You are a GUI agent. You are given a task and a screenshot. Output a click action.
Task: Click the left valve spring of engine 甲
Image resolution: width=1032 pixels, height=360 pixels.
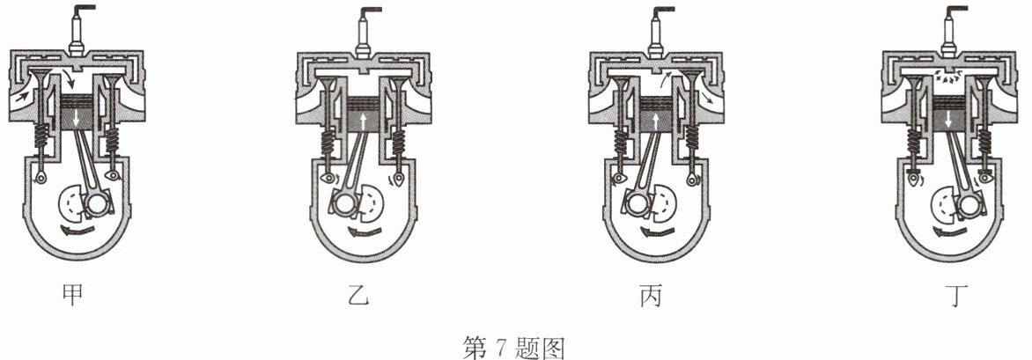click(x=41, y=136)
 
